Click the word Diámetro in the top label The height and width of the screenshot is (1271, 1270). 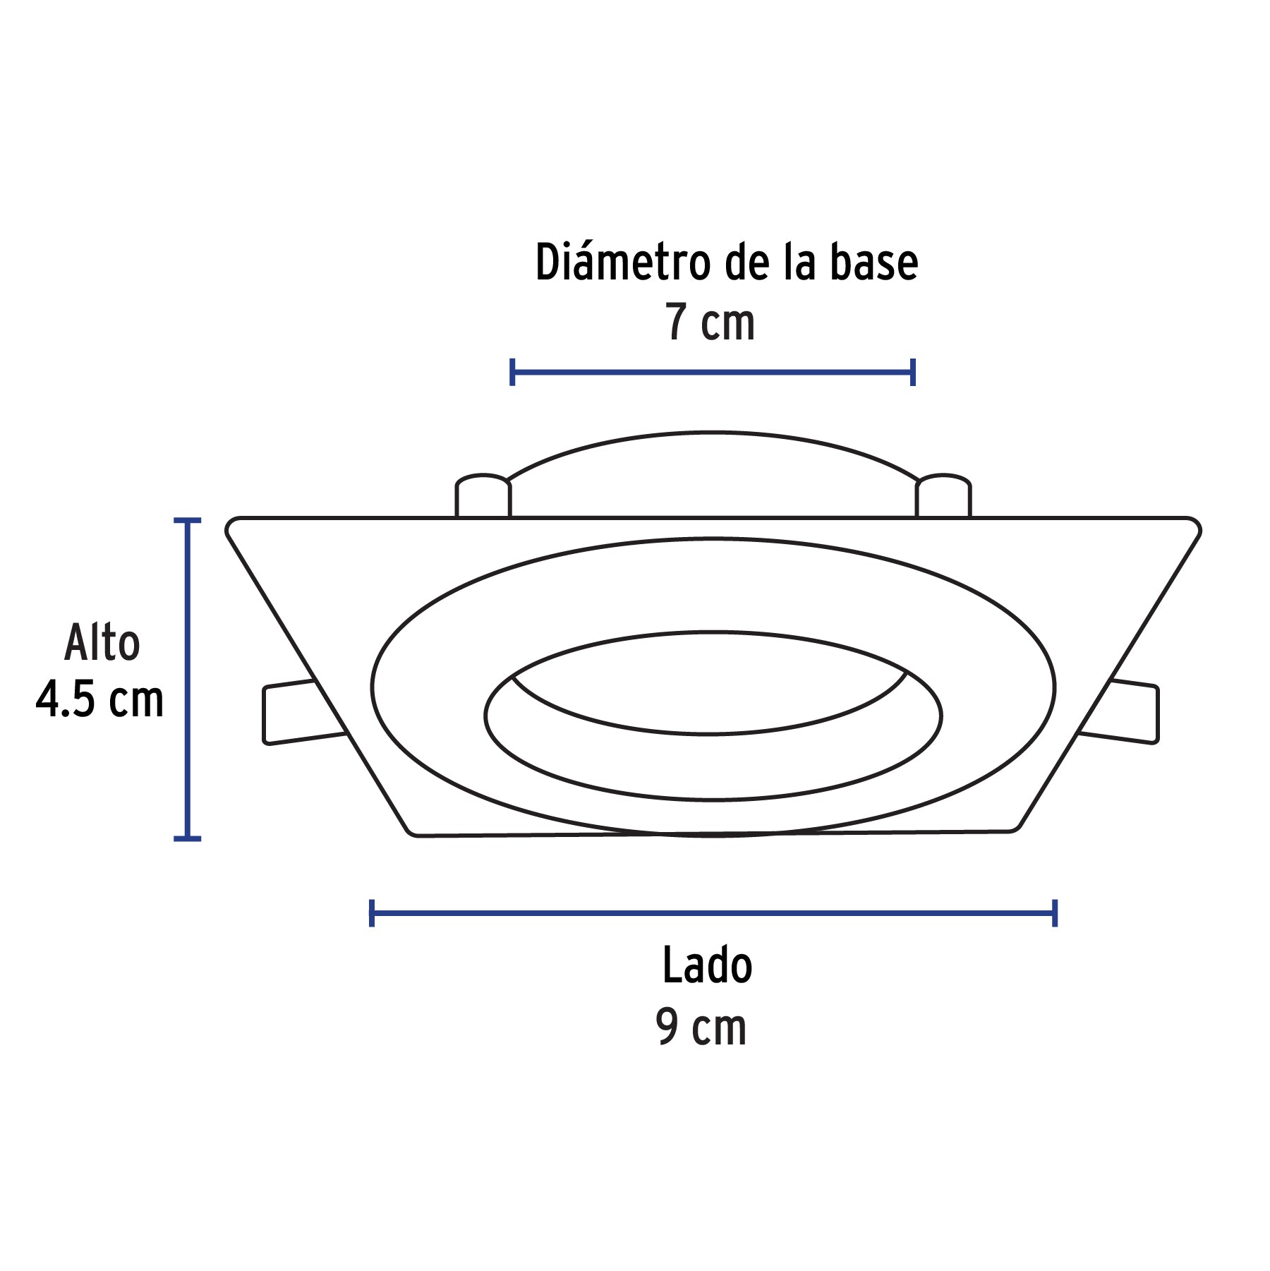623,262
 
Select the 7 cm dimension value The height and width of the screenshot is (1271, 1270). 710,322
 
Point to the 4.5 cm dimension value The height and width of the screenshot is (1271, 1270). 99,699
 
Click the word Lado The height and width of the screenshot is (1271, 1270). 708,965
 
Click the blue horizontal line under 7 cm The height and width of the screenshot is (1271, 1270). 713,372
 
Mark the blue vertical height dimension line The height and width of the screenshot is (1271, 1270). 187,679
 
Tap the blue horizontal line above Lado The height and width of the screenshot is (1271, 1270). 713,913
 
